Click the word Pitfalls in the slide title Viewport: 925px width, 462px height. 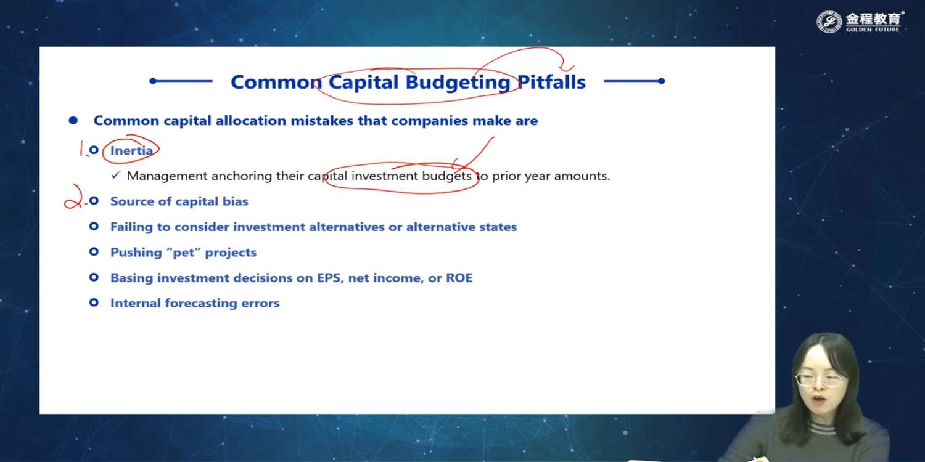point(551,82)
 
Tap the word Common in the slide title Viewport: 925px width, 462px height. point(276,82)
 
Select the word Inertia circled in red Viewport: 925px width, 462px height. point(131,150)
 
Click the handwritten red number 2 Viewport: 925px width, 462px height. point(73,197)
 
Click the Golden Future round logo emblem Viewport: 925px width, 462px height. point(829,22)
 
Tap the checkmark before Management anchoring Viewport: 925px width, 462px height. point(116,176)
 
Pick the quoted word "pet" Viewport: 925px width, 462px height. point(183,252)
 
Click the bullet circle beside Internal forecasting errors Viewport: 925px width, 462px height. point(94,302)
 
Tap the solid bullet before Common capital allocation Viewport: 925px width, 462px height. point(73,121)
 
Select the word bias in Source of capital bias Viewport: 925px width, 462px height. point(236,201)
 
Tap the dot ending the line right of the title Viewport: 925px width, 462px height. point(661,81)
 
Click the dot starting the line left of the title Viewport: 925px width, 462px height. point(153,81)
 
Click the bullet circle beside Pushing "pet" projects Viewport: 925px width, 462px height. point(94,251)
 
